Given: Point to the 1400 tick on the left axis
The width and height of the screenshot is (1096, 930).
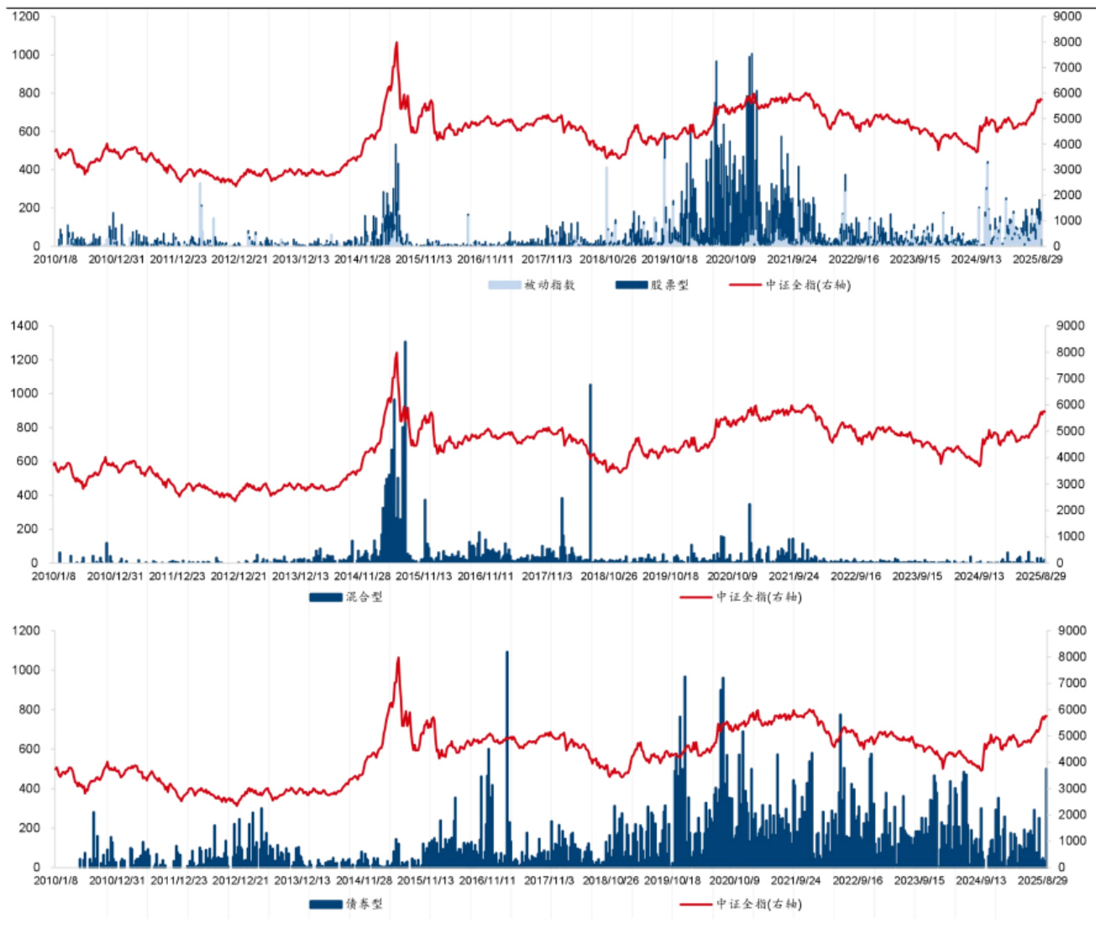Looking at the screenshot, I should point(24,326).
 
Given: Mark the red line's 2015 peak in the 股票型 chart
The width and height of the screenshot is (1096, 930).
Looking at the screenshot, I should point(396,44).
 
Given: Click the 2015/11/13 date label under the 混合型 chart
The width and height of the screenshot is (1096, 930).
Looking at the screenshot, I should point(423,576).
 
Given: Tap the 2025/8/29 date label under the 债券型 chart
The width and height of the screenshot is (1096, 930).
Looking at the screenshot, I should point(1042,880).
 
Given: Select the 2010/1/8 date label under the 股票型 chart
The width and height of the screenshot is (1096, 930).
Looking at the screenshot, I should point(55,260).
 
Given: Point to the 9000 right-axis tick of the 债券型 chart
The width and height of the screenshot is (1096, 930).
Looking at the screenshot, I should point(1070,631).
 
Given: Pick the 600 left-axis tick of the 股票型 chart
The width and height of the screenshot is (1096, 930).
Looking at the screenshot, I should point(29,131).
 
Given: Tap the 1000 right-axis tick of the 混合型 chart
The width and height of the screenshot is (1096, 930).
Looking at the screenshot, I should point(1070,536).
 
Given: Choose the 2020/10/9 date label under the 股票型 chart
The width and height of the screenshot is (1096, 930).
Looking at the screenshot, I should point(731,260).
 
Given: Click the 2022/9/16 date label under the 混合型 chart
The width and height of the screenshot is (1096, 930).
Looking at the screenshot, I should point(856,576).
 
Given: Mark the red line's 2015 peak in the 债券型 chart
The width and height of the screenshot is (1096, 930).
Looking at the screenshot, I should point(398,659).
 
